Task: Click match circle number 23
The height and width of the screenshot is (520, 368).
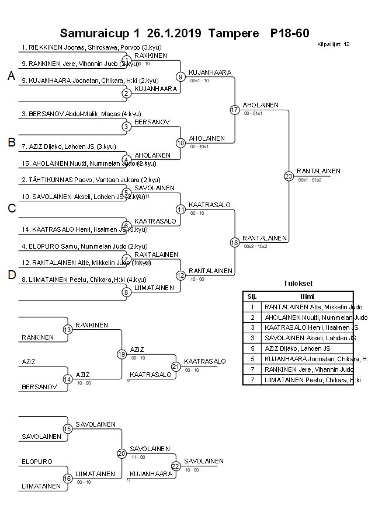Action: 289,176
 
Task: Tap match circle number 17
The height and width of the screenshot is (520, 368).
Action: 235,110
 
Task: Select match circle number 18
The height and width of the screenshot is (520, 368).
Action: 235,242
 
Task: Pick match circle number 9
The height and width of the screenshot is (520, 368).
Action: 180,76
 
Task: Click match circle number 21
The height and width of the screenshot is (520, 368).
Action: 176,366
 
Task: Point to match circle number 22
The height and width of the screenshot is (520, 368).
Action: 176,466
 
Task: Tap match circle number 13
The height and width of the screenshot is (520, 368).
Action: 68,330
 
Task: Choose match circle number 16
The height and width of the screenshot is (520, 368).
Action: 68,479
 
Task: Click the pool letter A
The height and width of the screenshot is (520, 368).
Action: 11,76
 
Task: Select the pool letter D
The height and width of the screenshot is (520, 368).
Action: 11,275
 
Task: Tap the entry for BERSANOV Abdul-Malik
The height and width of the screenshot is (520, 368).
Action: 81,114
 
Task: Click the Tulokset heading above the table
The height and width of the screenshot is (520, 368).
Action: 297,284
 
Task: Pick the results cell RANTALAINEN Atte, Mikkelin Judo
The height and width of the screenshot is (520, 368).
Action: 313,307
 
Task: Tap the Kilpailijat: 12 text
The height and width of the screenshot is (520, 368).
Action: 333,44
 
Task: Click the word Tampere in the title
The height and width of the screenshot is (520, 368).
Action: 233,33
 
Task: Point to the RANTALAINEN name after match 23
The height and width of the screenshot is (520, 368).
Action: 318,171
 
